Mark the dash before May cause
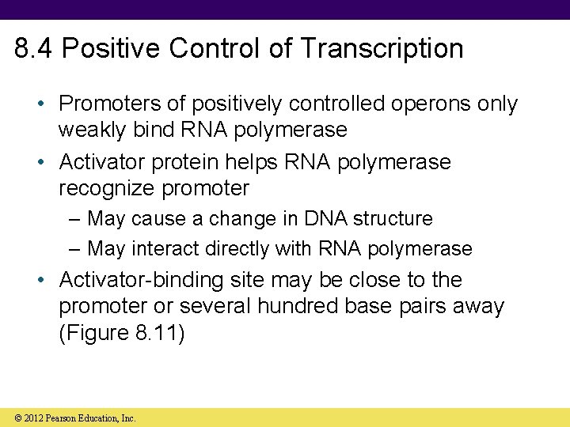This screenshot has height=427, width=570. [x=75, y=218]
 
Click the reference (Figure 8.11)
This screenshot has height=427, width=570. [x=121, y=333]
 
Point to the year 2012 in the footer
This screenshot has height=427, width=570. [x=28, y=418]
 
